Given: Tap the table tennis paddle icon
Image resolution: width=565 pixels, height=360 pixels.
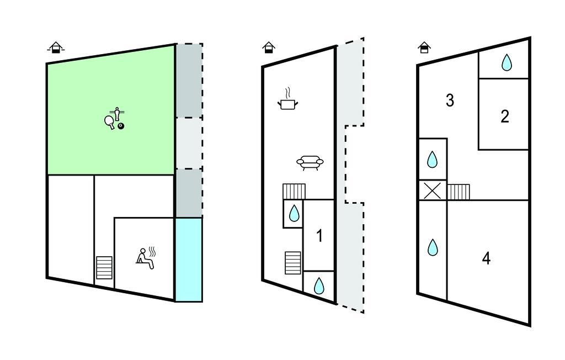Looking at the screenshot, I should point(109,121).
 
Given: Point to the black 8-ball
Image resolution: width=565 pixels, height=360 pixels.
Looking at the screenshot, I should point(121,126).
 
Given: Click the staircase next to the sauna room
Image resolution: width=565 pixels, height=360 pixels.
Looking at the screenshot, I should point(104,268).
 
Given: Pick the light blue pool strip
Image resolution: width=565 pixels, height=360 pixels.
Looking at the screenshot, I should point(189,259).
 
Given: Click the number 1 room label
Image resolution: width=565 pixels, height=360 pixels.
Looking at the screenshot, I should point(319,236).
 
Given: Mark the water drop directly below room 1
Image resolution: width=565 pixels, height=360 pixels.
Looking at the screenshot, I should point(319,285).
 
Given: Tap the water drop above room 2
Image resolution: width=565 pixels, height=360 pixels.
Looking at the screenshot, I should point(506,63).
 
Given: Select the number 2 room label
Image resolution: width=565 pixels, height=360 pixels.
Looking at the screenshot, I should point(504,117).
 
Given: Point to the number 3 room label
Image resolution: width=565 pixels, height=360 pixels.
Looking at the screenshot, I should point(450,100).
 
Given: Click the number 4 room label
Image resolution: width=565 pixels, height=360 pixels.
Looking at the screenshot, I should point(486,258).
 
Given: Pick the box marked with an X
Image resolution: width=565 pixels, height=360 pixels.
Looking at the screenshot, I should point(433,190).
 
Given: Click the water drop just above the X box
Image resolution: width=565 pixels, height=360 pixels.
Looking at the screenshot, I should point(433,160).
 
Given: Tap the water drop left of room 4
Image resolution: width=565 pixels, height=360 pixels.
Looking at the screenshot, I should point(433,247).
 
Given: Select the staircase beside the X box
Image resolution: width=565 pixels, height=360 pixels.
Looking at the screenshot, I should point(458,192).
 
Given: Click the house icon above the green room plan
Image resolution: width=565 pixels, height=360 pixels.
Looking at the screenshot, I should point(55,48).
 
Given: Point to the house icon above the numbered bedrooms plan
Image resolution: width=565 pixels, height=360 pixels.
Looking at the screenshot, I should point(424,47).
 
